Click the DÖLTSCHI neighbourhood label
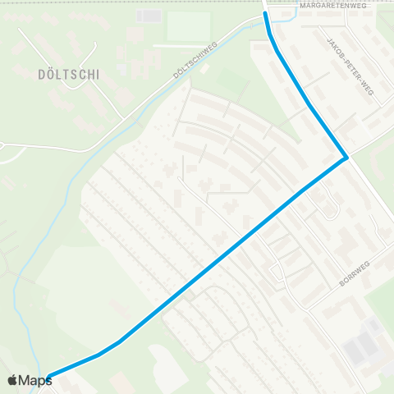(x=68, y=74)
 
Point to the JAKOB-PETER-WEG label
(x=350, y=67)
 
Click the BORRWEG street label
(x=356, y=270)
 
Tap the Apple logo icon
(x=12, y=380)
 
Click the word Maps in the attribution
(x=35, y=380)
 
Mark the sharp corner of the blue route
(x=347, y=157)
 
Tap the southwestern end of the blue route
(x=49, y=377)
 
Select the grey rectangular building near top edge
(x=149, y=16)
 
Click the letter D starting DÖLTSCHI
(x=41, y=74)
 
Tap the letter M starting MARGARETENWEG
(x=302, y=5)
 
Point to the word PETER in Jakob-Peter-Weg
(x=350, y=67)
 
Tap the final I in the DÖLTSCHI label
(x=97, y=74)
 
